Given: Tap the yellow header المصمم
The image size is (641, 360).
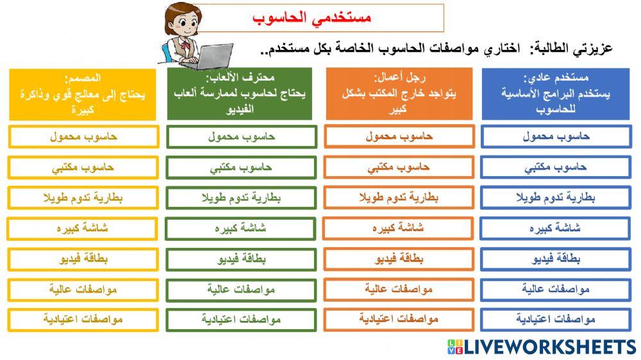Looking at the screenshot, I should click(x=83, y=94).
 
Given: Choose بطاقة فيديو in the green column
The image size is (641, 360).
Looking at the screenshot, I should click(x=241, y=259).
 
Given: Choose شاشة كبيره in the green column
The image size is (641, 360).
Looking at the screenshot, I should click(x=241, y=228).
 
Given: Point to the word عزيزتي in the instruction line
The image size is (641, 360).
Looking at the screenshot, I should click(x=590, y=48).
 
